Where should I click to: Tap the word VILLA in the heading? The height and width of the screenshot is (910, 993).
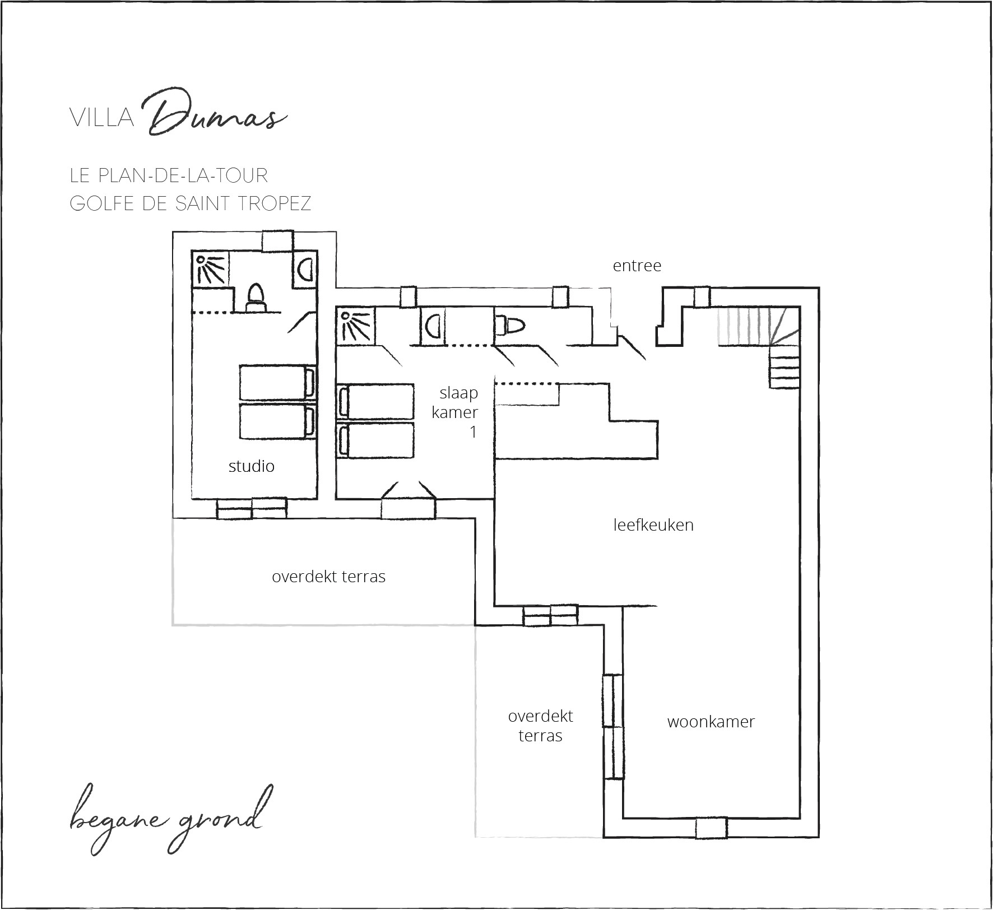(x=102, y=119)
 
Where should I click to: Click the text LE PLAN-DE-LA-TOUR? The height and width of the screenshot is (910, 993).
(x=169, y=175)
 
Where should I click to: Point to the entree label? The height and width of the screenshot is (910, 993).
(x=637, y=265)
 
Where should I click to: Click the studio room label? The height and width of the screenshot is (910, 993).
(x=251, y=466)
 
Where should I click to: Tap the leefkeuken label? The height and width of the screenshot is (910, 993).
(x=653, y=525)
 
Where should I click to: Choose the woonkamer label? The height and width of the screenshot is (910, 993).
(x=711, y=722)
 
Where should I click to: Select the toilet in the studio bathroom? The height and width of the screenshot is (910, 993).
(x=256, y=298)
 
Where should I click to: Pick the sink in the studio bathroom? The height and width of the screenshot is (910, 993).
(x=305, y=270)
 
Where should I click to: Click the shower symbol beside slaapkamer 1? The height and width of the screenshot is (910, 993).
(x=355, y=324)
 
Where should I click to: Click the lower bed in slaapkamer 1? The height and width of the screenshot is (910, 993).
(x=375, y=440)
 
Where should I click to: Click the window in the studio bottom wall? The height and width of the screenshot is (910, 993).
(x=252, y=508)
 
